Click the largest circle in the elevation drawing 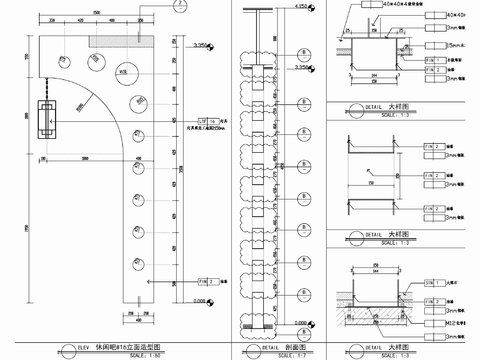(x=126, y=70)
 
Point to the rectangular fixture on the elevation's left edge (x=46, y=119)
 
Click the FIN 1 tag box (x=433, y=60)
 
